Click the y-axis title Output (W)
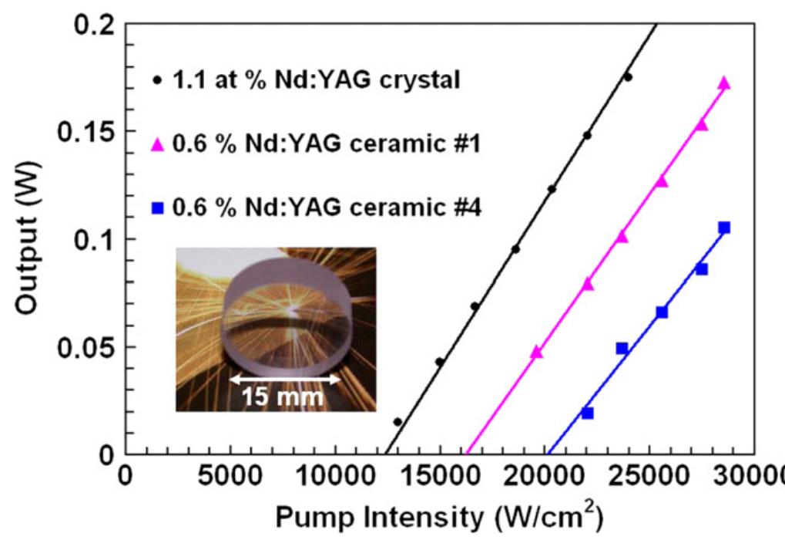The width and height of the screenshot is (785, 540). click(x=29, y=238)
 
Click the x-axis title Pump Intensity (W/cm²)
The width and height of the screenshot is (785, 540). click(x=439, y=515)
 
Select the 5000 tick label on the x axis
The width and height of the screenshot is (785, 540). click(x=230, y=475)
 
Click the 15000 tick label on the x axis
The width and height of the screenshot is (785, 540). click(x=440, y=475)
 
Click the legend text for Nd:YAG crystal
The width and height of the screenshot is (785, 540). click(x=316, y=79)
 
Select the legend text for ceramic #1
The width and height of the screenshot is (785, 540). click(x=327, y=144)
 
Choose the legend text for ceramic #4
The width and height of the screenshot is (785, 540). click(x=327, y=207)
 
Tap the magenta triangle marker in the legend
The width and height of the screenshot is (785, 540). click(x=158, y=145)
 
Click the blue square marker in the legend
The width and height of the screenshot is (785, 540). click(x=158, y=208)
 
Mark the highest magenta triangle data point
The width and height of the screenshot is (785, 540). click(x=724, y=83)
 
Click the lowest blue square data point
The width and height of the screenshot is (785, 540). click(x=587, y=413)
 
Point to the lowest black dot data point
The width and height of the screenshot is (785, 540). click(x=398, y=422)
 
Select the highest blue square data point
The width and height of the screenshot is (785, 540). click(x=724, y=228)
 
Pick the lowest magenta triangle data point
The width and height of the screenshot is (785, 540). click(x=536, y=353)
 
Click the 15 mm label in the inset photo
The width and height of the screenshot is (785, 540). click(x=283, y=397)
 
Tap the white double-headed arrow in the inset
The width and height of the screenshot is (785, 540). click(x=284, y=380)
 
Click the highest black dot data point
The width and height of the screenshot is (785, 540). click(x=628, y=77)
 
